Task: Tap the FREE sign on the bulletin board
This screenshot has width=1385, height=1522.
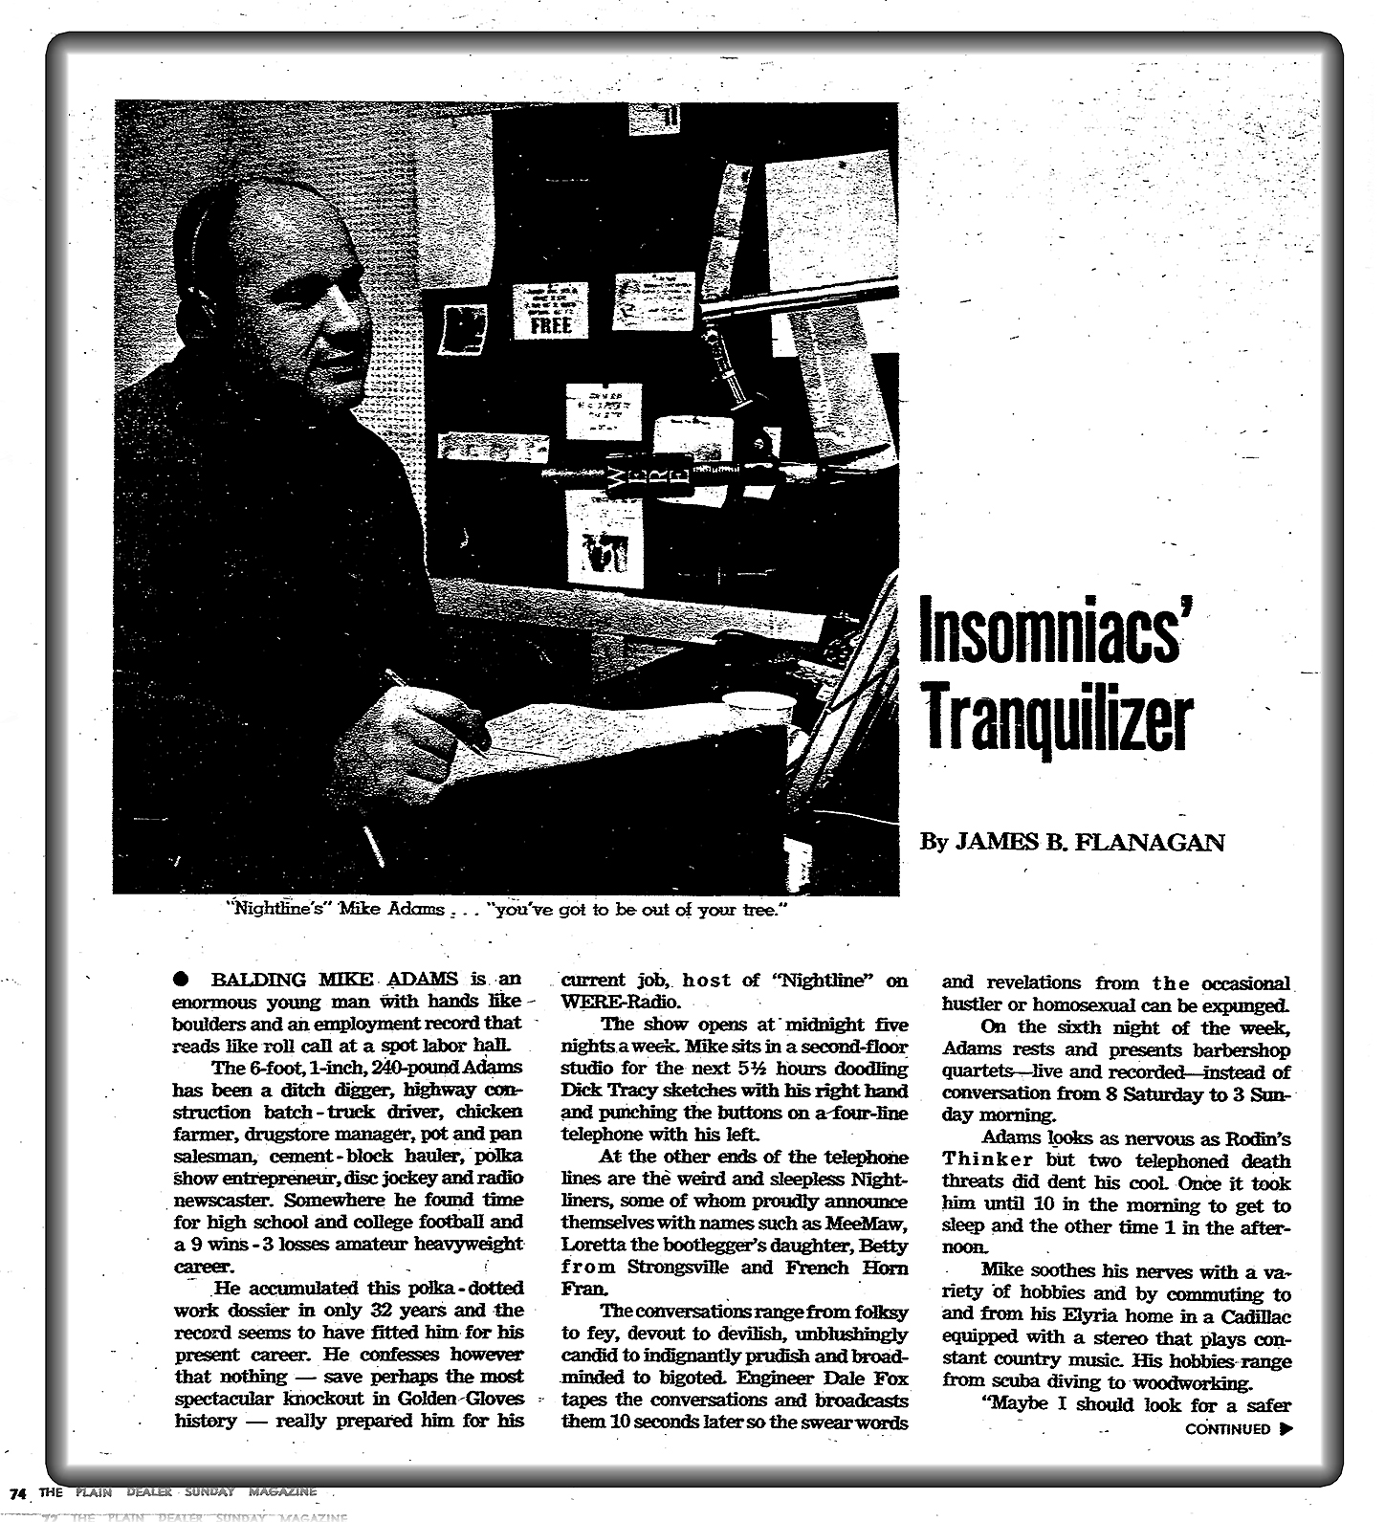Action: point(550,324)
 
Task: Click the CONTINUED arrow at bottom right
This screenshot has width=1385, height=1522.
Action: point(1285,1429)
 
